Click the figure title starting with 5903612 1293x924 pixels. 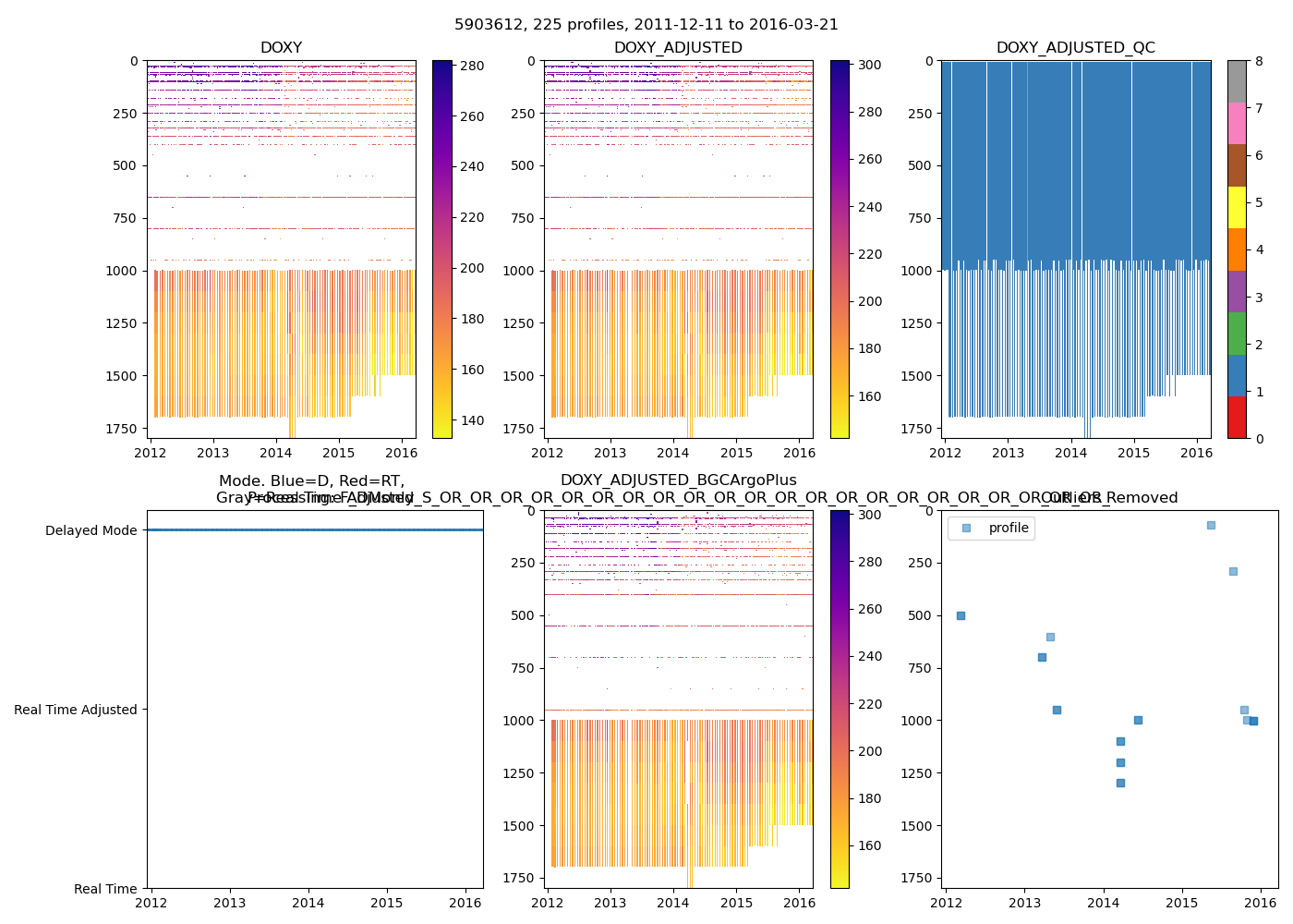(x=646, y=25)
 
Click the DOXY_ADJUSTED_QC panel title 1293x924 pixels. (x=1075, y=48)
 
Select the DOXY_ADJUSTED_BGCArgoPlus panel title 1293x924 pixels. (x=678, y=480)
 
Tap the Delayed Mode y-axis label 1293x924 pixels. (x=91, y=530)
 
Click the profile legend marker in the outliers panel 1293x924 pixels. (x=966, y=528)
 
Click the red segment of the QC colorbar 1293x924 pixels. (x=1237, y=417)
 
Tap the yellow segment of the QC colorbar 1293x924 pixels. (x=1237, y=207)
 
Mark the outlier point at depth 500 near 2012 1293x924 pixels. (x=961, y=615)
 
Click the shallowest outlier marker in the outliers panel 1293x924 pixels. (x=1211, y=525)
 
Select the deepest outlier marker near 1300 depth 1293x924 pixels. (x=1120, y=783)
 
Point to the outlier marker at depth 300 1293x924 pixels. (x=1233, y=571)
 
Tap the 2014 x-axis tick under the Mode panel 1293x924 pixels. (x=308, y=903)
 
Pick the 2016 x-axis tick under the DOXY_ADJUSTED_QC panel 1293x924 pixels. (x=1197, y=453)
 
